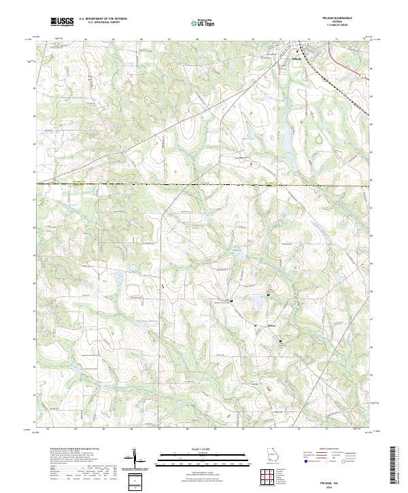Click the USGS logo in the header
tap(62, 22)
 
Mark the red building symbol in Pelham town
tap(296, 52)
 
